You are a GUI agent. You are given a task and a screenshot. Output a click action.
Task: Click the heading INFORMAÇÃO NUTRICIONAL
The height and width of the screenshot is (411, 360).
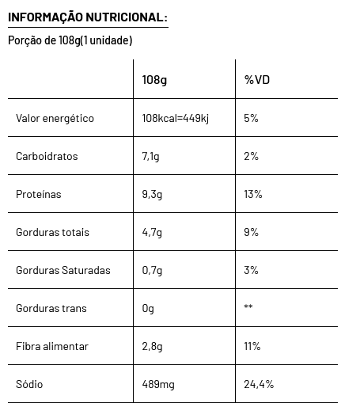pyautogui.click(x=88, y=17)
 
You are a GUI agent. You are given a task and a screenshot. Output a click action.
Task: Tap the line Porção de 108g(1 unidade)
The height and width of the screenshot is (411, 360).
pyautogui.click(x=70, y=40)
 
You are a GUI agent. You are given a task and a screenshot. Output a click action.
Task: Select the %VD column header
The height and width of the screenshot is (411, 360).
pyautogui.click(x=257, y=80)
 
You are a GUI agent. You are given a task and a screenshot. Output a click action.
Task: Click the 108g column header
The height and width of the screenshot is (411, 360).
pyautogui.click(x=154, y=80)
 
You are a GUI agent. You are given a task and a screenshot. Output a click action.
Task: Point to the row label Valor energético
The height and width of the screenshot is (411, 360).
pyautogui.click(x=55, y=118)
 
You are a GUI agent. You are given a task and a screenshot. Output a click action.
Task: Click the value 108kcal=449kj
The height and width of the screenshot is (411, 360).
pyautogui.click(x=175, y=118)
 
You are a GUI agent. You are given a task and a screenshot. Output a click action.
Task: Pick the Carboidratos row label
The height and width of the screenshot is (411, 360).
pyautogui.click(x=47, y=156)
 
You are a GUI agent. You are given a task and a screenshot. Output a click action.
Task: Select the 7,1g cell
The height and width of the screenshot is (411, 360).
pyautogui.click(x=150, y=157)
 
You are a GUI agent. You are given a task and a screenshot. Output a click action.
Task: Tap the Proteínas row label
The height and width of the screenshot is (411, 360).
pyautogui.click(x=39, y=194)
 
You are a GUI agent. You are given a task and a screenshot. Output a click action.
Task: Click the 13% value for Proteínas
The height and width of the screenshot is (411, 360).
pyautogui.click(x=253, y=194)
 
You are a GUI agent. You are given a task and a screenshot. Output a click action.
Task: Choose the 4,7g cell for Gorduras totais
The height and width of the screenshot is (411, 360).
pyautogui.click(x=152, y=233)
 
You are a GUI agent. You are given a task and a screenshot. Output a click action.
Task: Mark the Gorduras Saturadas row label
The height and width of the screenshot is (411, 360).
pyautogui.click(x=63, y=270)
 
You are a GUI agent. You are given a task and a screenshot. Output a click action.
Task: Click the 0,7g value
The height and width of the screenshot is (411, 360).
pyautogui.click(x=152, y=271)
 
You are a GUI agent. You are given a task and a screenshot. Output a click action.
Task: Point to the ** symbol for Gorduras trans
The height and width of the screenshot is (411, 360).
pyautogui.click(x=248, y=306)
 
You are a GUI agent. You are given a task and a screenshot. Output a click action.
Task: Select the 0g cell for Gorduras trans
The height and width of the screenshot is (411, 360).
pyautogui.click(x=148, y=309)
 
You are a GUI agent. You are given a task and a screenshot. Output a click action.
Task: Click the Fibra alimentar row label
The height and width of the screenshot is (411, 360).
pyautogui.click(x=52, y=346)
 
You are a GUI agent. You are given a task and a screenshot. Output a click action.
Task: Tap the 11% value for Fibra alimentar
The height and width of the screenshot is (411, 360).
pyautogui.click(x=252, y=346)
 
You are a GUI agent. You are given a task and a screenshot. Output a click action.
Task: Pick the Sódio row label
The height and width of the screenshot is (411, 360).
pyautogui.click(x=29, y=384)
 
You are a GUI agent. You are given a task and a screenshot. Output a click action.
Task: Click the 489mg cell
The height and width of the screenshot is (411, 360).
pyautogui.click(x=158, y=385)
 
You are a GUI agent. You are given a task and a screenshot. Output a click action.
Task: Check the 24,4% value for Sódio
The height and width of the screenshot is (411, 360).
pyautogui.click(x=259, y=385)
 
